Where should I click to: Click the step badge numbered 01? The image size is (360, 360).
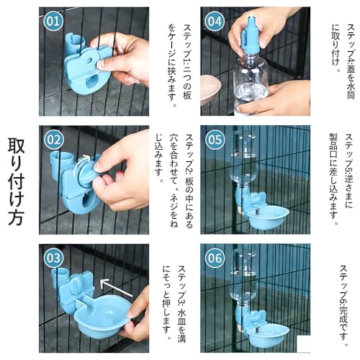(53, 21)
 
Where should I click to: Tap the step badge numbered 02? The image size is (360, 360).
(53, 139)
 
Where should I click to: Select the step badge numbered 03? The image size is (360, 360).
(53, 258)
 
